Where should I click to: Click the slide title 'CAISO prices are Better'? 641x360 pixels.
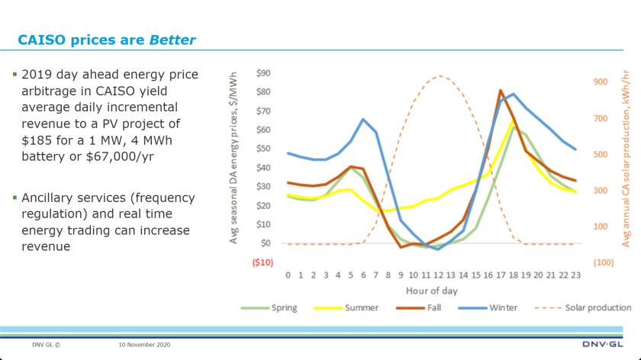107,40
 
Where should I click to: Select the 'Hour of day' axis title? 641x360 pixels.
431,291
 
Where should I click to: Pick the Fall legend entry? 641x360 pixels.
430,308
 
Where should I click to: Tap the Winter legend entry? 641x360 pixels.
502,308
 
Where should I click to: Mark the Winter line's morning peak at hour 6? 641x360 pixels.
362,119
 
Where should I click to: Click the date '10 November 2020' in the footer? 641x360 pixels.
144,345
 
